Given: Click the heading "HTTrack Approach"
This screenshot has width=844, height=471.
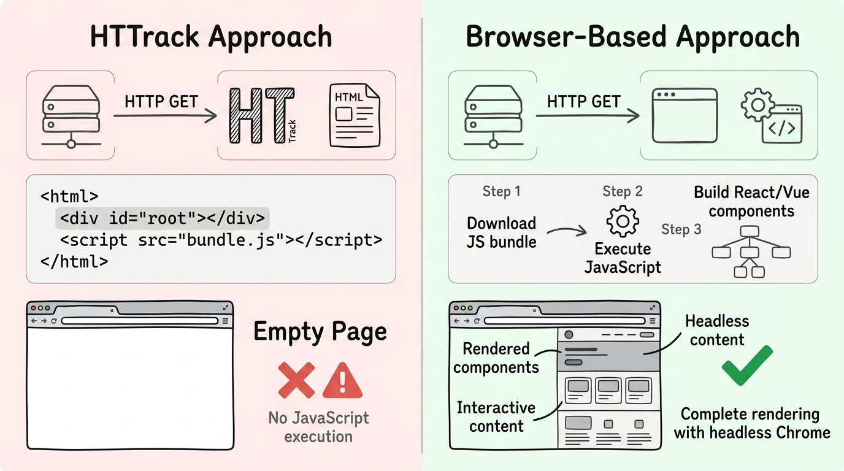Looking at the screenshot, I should click(x=211, y=37).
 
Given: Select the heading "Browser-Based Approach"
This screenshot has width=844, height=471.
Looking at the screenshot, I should click(x=632, y=37).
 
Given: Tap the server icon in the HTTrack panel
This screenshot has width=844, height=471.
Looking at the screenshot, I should click(x=71, y=117).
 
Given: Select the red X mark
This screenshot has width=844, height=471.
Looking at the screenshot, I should click(x=296, y=380).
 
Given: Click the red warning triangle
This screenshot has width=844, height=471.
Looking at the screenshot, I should click(x=342, y=380).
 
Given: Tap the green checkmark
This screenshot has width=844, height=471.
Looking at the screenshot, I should click(x=746, y=365).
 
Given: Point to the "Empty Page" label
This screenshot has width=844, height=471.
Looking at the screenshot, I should click(x=320, y=332).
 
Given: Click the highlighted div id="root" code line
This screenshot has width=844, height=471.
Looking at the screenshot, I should click(x=163, y=218).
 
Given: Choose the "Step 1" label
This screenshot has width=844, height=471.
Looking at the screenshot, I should click(x=501, y=191).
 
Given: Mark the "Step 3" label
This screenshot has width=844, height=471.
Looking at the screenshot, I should click(x=681, y=229).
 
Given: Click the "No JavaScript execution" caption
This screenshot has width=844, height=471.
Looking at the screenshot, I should click(x=318, y=427).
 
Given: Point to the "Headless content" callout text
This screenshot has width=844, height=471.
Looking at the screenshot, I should click(x=717, y=331).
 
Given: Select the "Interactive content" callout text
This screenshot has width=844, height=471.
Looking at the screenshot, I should click(x=496, y=417).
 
